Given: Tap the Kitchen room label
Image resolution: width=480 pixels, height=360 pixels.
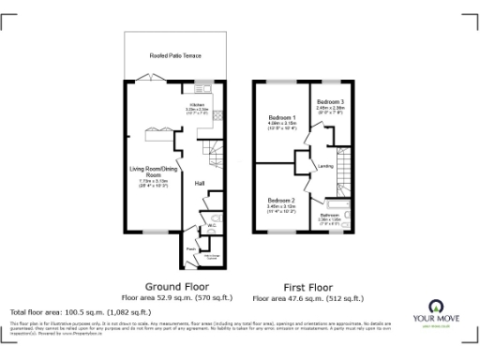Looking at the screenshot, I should (x=198, y=105).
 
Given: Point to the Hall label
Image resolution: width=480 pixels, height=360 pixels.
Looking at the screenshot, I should (x=200, y=183).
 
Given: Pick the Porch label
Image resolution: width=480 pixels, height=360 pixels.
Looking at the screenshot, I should (x=190, y=248).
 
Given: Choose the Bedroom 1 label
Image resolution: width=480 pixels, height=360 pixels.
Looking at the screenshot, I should (x=282, y=117).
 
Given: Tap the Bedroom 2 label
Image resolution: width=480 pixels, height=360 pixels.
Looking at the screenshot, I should (x=281, y=201).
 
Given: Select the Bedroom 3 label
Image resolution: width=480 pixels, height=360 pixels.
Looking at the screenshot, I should (x=330, y=101).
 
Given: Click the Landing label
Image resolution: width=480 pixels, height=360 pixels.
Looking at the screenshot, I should (x=326, y=167).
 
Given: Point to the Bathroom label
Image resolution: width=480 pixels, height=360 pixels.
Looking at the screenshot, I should (x=330, y=216).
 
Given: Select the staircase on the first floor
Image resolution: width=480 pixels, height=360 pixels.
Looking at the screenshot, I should (x=342, y=170).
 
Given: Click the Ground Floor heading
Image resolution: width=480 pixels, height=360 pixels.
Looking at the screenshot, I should (x=176, y=286).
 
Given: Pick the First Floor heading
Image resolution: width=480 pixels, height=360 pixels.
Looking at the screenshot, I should (x=308, y=288).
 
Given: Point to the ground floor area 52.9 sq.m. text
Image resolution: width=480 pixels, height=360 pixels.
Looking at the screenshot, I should (x=176, y=298).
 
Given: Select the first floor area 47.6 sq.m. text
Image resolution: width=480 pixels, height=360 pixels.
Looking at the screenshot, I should (x=308, y=299).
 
